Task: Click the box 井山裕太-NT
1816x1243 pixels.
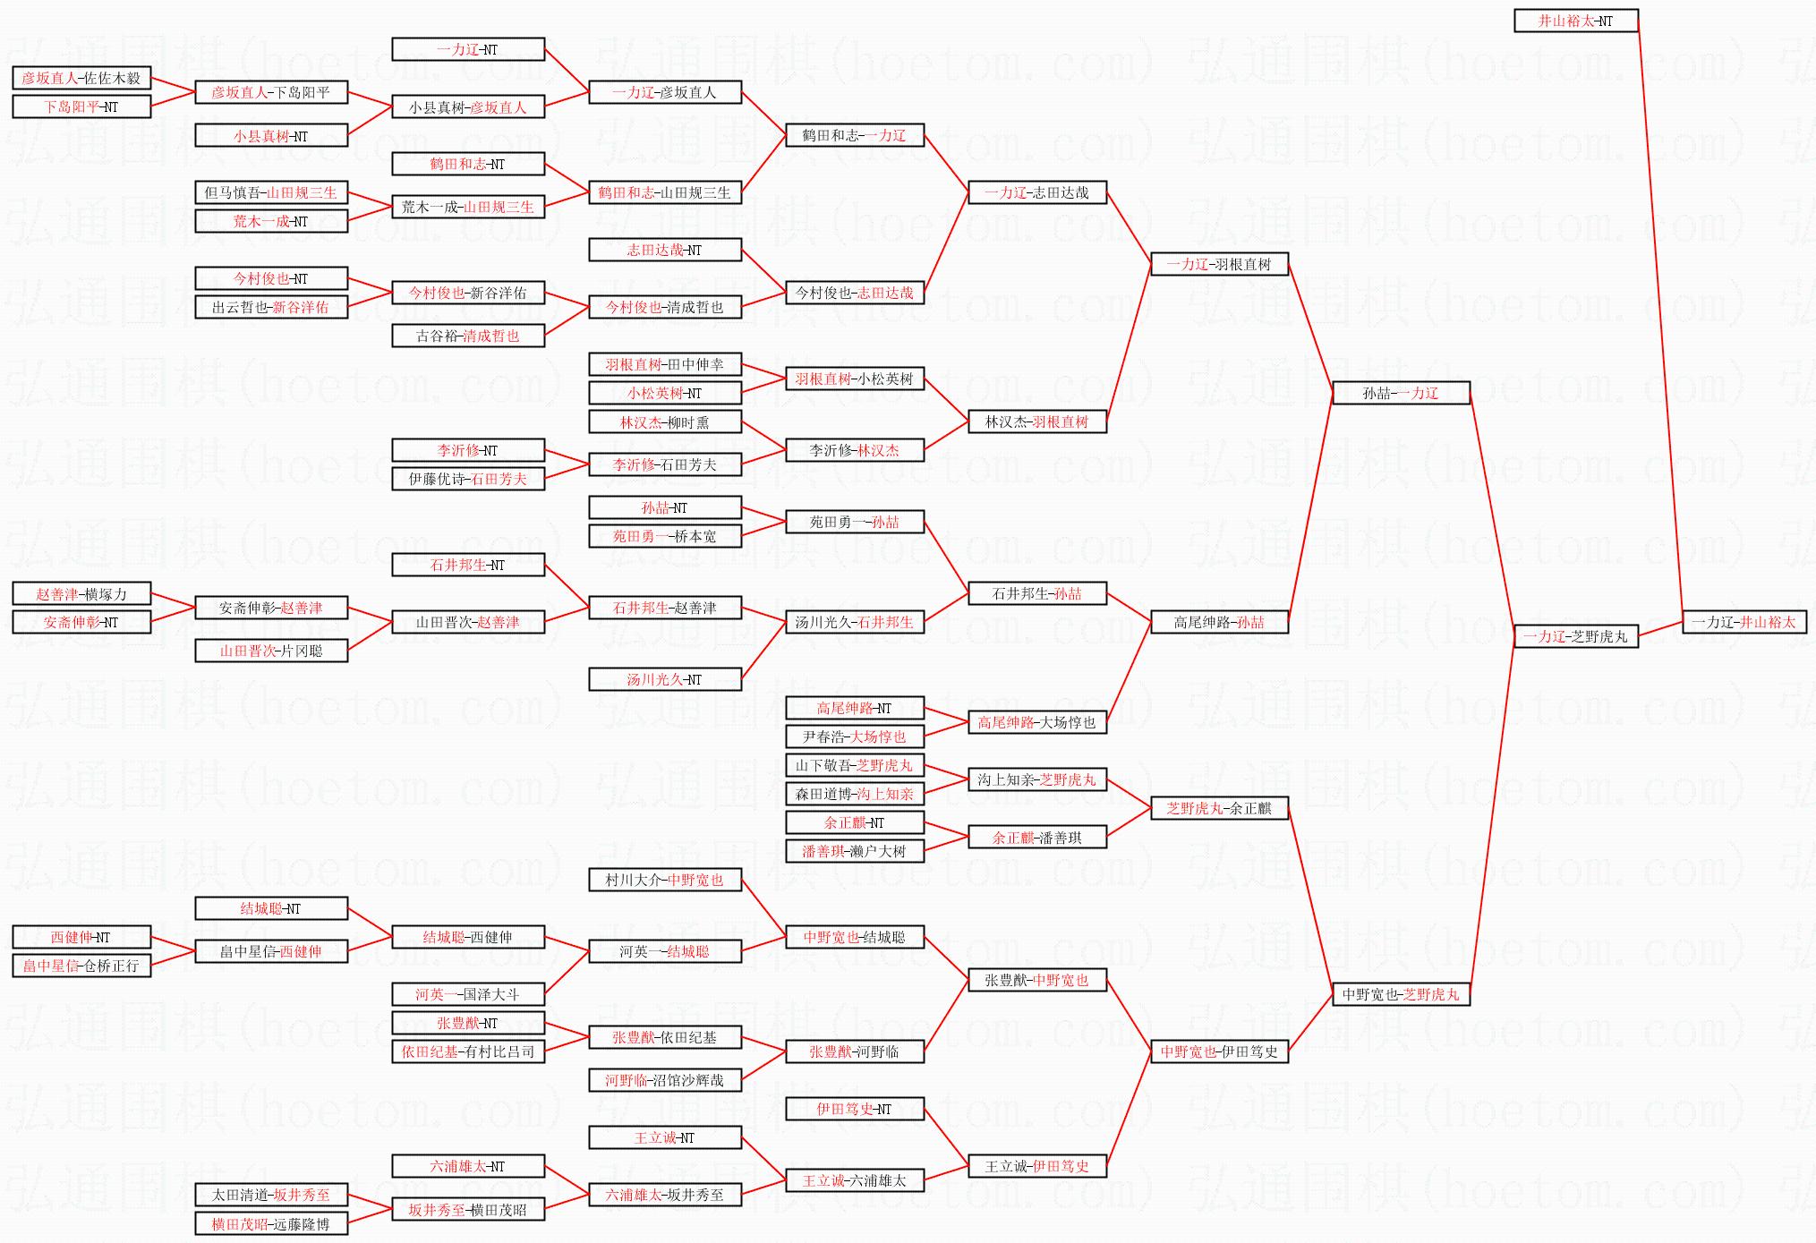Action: (1575, 21)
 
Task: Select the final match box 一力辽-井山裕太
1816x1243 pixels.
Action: (1744, 622)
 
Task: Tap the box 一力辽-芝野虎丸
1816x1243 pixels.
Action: (1575, 636)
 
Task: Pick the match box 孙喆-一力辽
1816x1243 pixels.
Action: (1401, 393)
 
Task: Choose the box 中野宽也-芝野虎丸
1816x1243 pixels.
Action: (1401, 994)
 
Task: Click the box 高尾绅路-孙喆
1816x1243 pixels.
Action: (1219, 622)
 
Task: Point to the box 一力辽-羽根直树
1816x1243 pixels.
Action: (1219, 264)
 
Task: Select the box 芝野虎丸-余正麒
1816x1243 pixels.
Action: (1219, 808)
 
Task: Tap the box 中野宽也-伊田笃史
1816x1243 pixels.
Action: (1219, 1051)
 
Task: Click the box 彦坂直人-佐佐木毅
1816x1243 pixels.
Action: (81, 78)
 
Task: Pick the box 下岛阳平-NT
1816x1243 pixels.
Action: (81, 106)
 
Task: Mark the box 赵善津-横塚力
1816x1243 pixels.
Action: (81, 593)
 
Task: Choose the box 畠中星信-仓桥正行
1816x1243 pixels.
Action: (81, 966)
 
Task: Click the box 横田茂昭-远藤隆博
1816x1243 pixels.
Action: (271, 1223)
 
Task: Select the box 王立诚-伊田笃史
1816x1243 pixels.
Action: (1037, 1166)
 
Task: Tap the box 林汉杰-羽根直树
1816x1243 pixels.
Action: (1037, 421)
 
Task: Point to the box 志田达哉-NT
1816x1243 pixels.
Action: (665, 250)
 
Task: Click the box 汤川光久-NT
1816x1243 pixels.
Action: (665, 679)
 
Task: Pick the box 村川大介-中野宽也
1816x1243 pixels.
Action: (665, 880)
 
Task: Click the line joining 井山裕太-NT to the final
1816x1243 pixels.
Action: (1660, 321)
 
